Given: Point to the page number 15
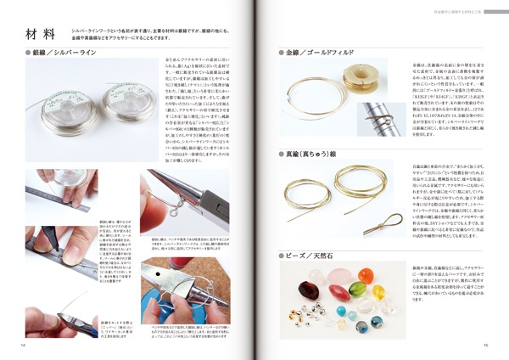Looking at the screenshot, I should click(485, 345).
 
